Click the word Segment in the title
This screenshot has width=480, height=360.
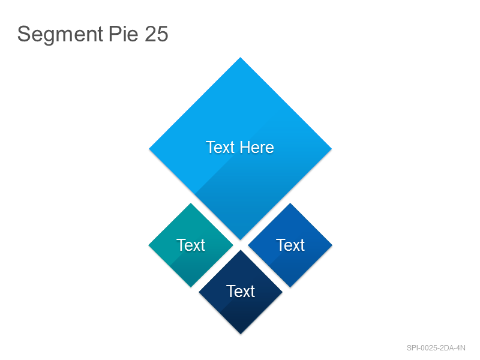click(60, 34)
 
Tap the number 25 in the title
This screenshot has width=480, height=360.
click(157, 34)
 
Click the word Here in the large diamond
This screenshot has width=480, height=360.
click(257, 147)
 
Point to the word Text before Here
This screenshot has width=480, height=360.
click(220, 147)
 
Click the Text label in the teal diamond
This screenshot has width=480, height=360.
click(191, 245)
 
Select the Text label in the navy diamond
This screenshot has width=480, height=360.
click(241, 291)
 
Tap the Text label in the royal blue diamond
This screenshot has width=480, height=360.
click(290, 245)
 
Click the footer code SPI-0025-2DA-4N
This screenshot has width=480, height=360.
click(436, 348)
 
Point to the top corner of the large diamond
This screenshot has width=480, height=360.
click(241, 58)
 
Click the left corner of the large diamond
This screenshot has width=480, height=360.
click(149, 149)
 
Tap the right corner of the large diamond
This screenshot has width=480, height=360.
click(332, 149)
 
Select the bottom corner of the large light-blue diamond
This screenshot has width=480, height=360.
click(241, 239)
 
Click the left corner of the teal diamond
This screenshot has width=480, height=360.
click(149, 245)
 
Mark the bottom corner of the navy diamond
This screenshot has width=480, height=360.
click(241, 334)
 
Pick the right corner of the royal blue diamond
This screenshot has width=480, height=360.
click(332, 245)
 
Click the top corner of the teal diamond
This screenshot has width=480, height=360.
click(191, 203)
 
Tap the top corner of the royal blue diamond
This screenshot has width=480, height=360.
click(290, 203)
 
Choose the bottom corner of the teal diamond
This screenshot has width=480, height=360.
click(191, 287)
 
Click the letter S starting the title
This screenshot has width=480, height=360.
click(23, 34)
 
